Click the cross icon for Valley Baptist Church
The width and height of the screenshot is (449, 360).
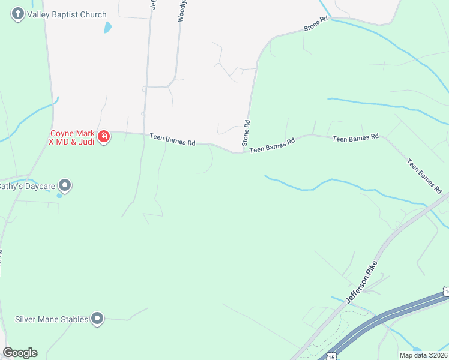pyautogui.click(x=18, y=14)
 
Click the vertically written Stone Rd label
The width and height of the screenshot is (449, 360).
pyautogui.click(x=246, y=133)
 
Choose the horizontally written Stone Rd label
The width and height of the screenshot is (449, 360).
pyautogui.click(x=316, y=24)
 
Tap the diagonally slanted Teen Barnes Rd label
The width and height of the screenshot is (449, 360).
pyautogui.click(x=424, y=176)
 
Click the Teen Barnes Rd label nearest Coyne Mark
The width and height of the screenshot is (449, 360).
pyautogui.click(x=173, y=140)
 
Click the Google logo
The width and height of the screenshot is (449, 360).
pyautogui.click(x=20, y=353)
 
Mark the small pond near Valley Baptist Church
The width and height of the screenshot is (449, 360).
pyautogui.click(x=107, y=27)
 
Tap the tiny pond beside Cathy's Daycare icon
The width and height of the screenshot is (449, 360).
pyautogui.click(x=59, y=195)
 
